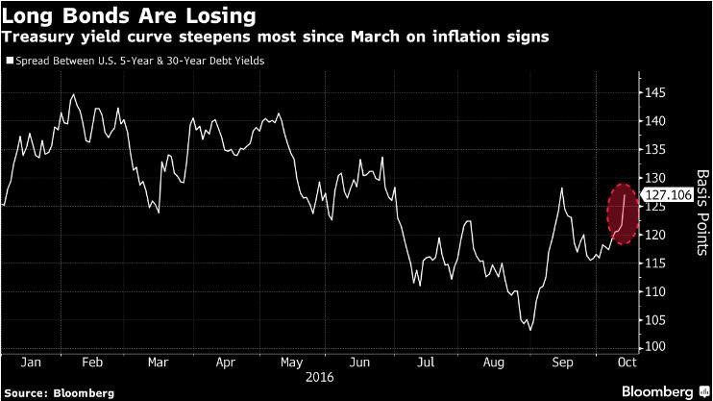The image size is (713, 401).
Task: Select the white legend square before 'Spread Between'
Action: point(10,61)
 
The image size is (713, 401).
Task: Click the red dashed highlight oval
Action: point(623,213)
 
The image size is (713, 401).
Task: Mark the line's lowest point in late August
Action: point(531,330)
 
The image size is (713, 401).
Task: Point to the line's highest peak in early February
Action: point(74,94)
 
